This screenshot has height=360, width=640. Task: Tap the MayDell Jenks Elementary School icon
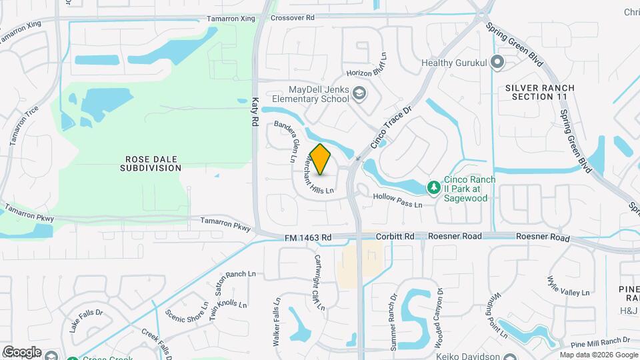360,93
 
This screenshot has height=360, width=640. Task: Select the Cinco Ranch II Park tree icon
433,187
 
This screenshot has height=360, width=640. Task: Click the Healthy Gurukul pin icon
497,64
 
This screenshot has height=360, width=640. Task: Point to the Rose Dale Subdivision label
151,163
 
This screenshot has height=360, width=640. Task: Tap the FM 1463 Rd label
308,237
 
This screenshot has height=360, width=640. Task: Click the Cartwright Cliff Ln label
319,283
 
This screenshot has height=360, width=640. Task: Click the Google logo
22,351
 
